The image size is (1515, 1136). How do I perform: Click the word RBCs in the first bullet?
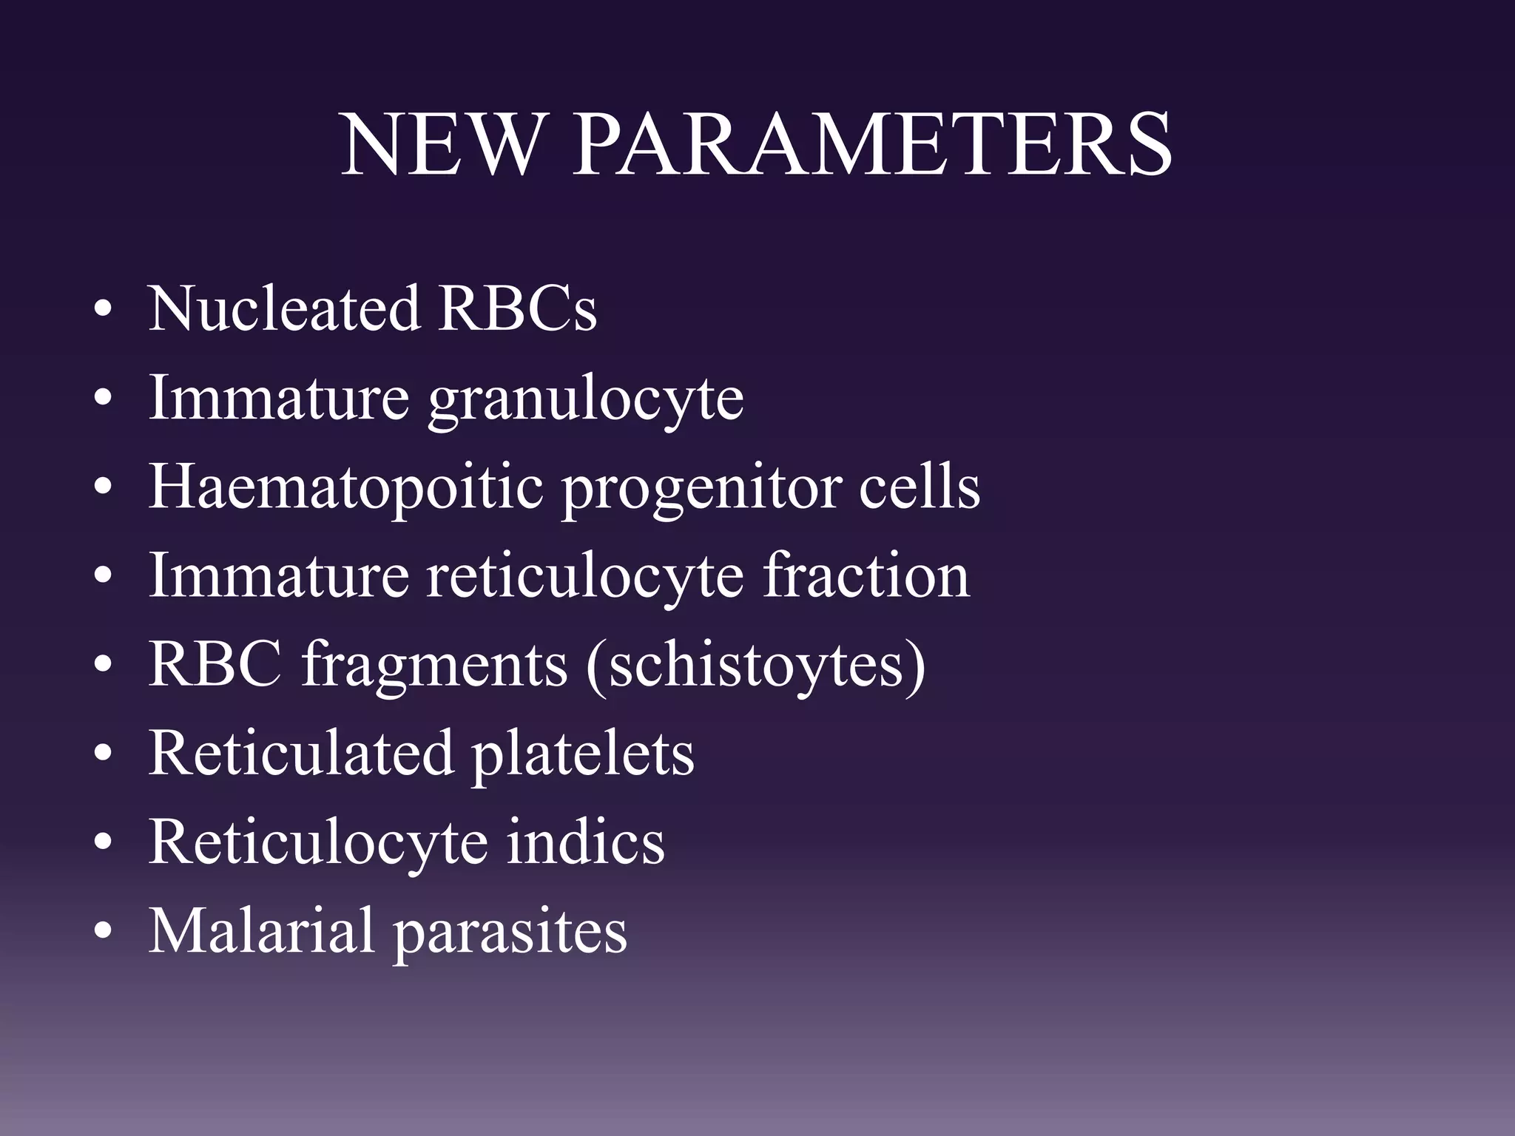[x=517, y=308]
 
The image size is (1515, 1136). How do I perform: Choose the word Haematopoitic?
[x=345, y=488]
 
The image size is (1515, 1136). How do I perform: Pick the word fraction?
[x=866, y=577]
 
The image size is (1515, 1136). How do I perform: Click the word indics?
[x=585, y=843]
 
